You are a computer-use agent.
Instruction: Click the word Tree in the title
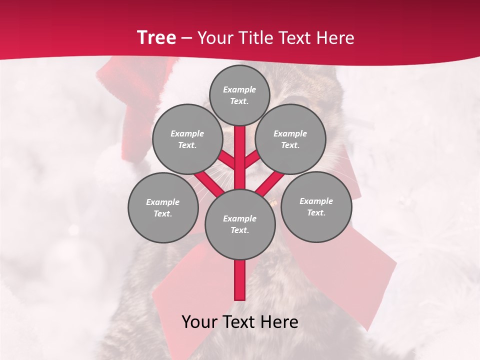coord(156,37)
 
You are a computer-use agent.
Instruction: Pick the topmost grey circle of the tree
coord(239,95)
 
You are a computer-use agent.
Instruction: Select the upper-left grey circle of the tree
coord(187,139)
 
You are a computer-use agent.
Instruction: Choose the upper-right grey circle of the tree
coord(290,139)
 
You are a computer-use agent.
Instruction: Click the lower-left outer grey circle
coord(163,207)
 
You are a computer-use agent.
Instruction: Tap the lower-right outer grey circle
coord(316,206)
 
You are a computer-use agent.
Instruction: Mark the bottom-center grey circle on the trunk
coord(240,224)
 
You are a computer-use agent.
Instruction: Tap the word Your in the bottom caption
coord(200,322)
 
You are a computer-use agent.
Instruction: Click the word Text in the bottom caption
coord(241,322)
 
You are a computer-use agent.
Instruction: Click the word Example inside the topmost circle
coord(239,89)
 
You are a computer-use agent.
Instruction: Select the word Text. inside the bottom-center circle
coord(239,230)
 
